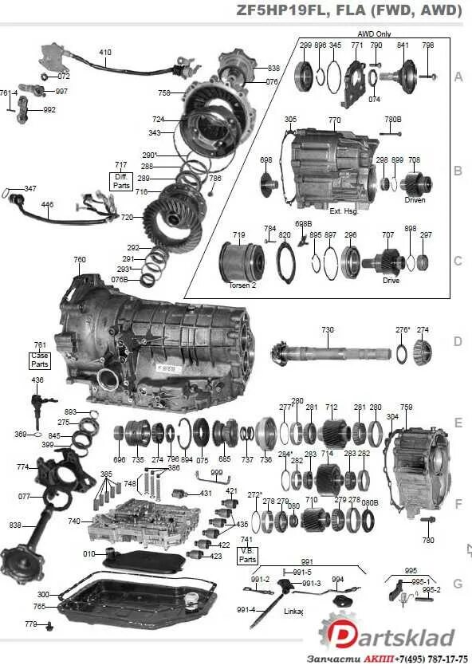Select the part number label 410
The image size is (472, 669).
tap(105, 53)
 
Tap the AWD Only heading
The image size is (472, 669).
tap(374, 34)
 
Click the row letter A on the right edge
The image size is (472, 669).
tap(458, 77)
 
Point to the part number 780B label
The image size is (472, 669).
tap(393, 120)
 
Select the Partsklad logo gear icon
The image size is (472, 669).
tap(338, 634)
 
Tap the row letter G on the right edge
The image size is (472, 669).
tap(458, 584)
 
